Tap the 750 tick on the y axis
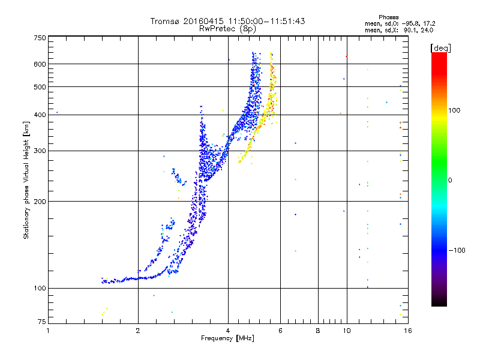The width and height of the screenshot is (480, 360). tap(40, 38)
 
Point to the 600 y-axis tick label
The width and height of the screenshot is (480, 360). tap(40, 64)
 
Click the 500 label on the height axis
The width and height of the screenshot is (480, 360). tap(40, 87)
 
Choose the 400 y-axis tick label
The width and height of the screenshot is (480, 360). tap(40, 115)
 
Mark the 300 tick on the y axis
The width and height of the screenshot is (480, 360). tap(40, 151)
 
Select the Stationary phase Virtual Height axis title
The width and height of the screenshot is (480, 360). tap(26, 180)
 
